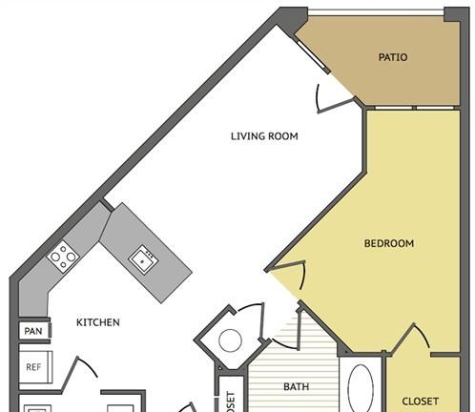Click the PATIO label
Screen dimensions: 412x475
point(392,57)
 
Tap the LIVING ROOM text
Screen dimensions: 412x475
point(264,136)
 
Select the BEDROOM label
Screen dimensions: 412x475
point(389,243)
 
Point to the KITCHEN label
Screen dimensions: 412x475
point(97,322)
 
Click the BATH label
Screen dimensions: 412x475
point(296,387)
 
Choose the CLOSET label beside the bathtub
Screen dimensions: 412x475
point(420,402)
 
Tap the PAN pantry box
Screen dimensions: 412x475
point(32,332)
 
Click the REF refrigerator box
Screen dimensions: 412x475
point(33,366)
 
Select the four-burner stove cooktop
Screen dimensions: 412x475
point(63,255)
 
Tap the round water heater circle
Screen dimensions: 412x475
point(230,340)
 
